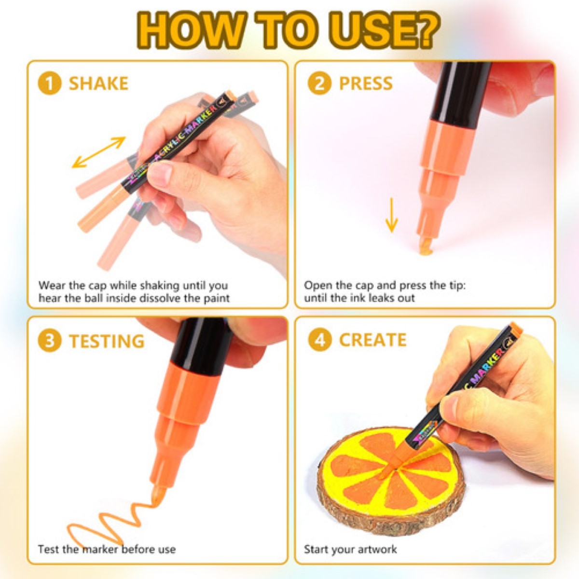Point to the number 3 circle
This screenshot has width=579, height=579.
(50, 341)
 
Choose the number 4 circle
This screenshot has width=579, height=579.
(319, 340)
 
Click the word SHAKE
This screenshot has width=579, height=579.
(98, 83)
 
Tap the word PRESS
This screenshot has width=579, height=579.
(366, 83)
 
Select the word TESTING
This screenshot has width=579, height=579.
(107, 341)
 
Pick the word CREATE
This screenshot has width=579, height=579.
(372, 340)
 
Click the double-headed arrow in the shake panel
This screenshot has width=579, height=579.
(98, 152)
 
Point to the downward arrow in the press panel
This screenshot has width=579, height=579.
(391, 215)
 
